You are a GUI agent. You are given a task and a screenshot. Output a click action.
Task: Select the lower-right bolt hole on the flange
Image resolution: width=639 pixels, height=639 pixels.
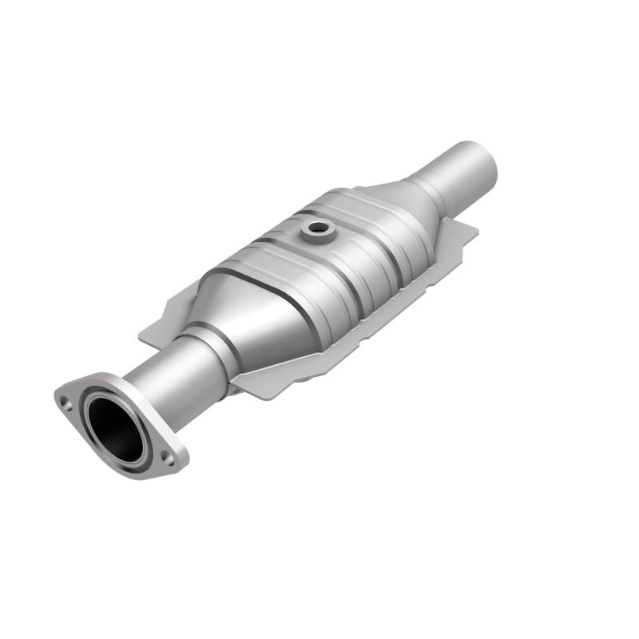[169, 457]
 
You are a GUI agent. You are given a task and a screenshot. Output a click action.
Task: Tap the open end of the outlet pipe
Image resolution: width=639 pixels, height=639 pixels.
[482, 160]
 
